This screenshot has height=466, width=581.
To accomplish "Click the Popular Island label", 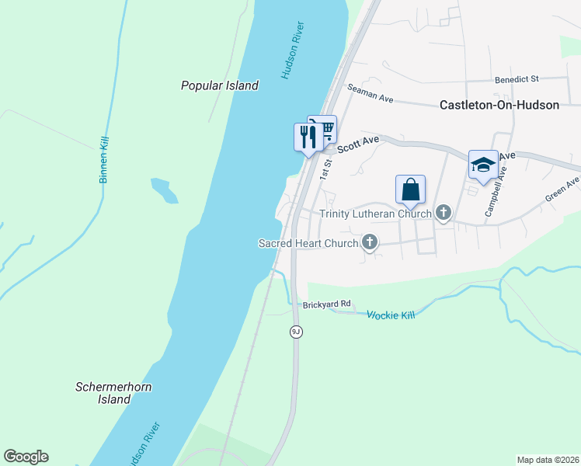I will (x=219, y=86).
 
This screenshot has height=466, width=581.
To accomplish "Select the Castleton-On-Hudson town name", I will (x=499, y=105).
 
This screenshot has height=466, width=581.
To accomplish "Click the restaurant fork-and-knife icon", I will (x=306, y=137).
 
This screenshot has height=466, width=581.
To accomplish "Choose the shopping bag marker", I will (x=410, y=189).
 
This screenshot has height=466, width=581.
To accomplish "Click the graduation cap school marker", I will (x=482, y=164).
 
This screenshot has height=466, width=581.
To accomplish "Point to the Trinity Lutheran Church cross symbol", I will (x=444, y=213).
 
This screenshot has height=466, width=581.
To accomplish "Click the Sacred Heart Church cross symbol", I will (x=370, y=243).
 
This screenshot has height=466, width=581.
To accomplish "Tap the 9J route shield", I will (x=295, y=332).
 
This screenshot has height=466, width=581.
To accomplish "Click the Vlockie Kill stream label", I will (x=391, y=315).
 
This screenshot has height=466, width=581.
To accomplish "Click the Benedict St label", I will (x=517, y=79).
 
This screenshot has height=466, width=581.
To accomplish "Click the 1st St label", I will (x=328, y=167).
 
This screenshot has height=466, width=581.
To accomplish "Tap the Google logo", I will (x=26, y=457).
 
